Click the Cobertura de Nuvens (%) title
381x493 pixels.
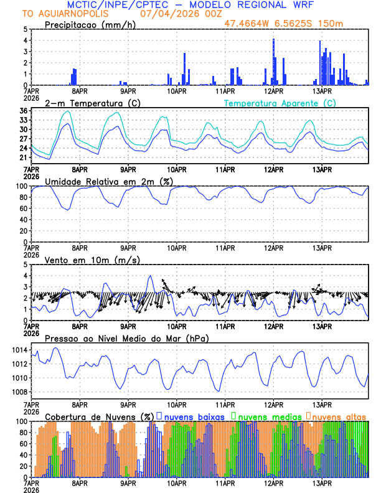(x=99, y=416)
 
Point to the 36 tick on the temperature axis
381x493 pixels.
(x=23, y=111)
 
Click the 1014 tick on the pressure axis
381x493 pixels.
(x=19, y=350)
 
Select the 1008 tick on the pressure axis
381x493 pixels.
(x=19, y=392)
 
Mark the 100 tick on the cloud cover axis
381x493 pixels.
(x=21, y=421)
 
